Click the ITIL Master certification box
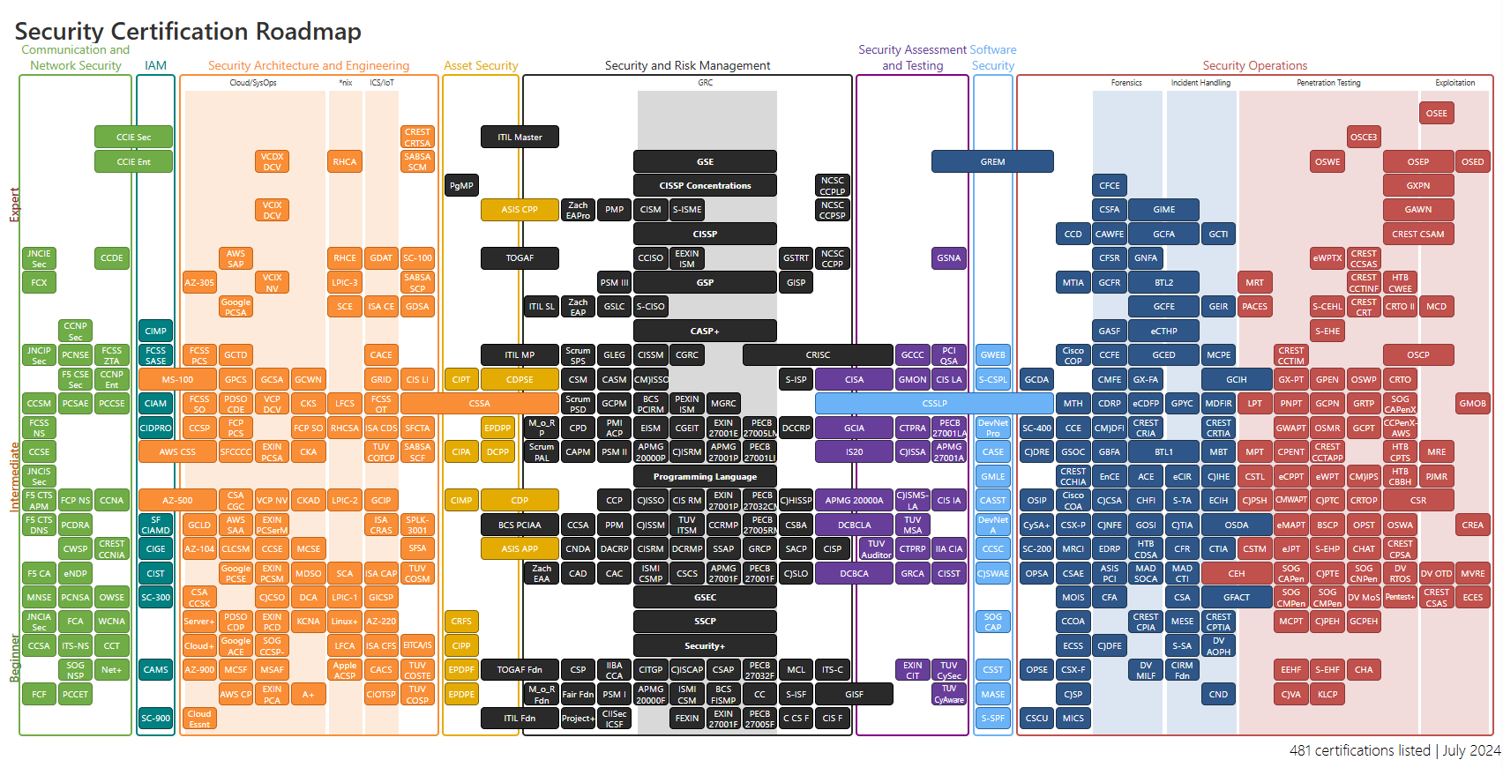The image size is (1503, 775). tap(520, 138)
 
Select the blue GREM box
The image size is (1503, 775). tap(992, 161)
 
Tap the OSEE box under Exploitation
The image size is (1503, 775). tap(1436, 113)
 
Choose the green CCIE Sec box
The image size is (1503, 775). tap(133, 138)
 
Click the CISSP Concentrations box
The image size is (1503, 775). tap(705, 186)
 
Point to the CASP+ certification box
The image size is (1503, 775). tap(705, 332)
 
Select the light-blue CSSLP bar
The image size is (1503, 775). tap(934, 404)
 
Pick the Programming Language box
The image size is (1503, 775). tap(705, 477)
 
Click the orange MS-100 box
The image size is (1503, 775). tap(177, 380)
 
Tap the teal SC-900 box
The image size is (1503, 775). tap(155, 719)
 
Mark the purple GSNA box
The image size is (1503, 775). tap(948, 258)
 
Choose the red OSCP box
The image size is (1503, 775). tap(1417, 355)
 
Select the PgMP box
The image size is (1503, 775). tap(461, 186)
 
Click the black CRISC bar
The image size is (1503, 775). tap(818, 355)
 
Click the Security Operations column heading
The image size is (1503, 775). tap(1254, 65)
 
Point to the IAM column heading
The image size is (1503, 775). tap(155, 65)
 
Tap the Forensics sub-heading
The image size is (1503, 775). tap(1126, 83)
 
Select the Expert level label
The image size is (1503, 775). tap(14, 205)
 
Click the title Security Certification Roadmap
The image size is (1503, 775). tap(188, 31)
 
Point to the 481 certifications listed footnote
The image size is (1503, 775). tap(1395, 750)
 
